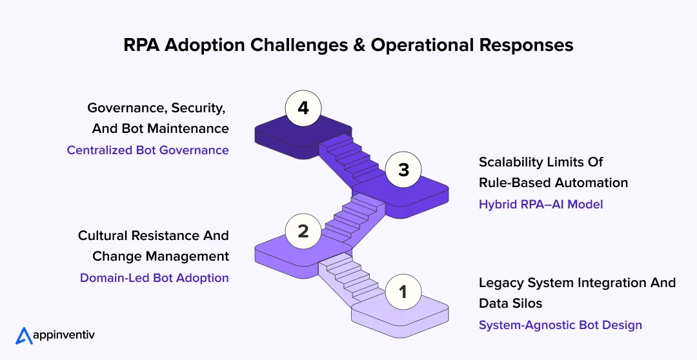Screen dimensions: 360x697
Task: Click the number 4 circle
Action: tap(303, 108)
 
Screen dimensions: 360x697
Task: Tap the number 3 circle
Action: tap(403, 170)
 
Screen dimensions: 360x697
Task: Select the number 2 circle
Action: tap(303, 231)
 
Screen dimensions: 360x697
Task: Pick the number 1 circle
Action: tap(403, 292)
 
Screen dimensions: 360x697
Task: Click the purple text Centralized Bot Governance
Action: tap(148, 150)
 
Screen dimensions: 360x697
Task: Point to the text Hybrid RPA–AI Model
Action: tap(541, 204)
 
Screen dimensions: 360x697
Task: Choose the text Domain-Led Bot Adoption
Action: tap(154, 277)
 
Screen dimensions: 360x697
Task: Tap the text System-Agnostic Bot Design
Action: tap(560, 325)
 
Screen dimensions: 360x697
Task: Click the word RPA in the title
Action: tap(141, 45)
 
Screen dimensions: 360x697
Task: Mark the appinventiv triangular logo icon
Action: tap(24, 335)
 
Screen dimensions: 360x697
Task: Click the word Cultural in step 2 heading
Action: tap(102, 235)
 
